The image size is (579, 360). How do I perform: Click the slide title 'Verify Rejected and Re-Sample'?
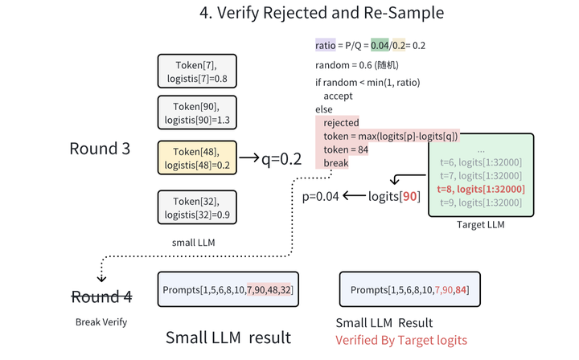click(321, 14)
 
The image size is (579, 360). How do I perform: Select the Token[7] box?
click(196, 71)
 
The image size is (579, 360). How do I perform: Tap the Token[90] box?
click(196, 113)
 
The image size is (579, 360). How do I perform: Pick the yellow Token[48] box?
click(196, 157)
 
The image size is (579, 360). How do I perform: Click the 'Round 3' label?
click(100, 149)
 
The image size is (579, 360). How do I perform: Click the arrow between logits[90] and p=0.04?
click(354, 195)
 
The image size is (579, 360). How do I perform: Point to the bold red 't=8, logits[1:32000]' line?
click(481, 189)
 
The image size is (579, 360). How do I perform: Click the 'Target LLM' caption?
click(480, 225)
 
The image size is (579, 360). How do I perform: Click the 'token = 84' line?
click(346, 149)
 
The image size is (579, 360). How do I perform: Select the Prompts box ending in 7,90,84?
click(405, 288)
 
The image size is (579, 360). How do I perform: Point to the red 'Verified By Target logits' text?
click(400, 340)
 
